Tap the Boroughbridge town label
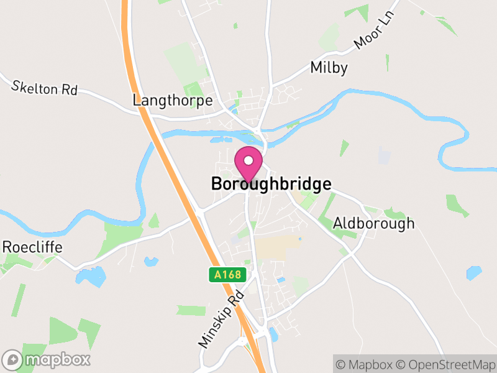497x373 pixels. [271, 185]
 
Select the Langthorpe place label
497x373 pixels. [173, 100]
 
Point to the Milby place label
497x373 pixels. [329, 68]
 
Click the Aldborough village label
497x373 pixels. [373, 223]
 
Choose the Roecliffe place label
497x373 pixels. [32, 247]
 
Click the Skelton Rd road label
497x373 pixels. [44, 87]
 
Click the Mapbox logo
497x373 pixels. [47, 359]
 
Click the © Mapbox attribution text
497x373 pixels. [364, 364]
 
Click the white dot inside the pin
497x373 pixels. [248, 160]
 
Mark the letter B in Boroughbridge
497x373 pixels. [217, 185]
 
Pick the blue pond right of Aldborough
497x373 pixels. [474, 272]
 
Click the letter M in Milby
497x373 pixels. [316, 68]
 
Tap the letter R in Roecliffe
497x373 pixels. [7, 247]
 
